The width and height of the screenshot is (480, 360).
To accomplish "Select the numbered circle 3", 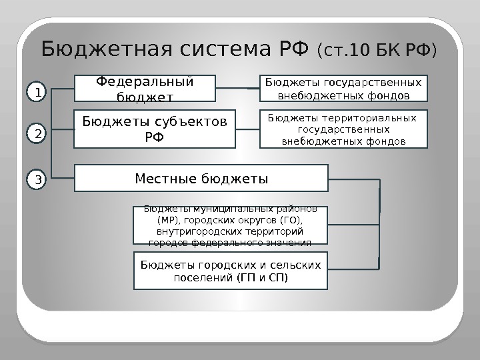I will (38, 179).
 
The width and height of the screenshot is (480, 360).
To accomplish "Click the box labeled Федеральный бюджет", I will (145, 90).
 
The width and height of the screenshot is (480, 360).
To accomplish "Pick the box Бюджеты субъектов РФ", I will (154, 129).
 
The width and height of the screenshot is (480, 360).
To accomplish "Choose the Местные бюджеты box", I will (201, 179).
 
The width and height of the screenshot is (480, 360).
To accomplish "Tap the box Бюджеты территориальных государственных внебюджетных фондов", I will (343, 129).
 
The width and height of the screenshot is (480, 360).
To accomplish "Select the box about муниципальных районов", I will (231, 226).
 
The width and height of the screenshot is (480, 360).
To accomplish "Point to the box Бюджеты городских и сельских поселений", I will (231, 271).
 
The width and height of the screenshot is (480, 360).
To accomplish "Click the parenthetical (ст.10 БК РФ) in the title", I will (377, 51).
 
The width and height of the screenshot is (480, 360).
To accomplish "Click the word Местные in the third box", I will (165, 179).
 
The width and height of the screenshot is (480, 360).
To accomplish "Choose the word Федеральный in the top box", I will (145, 81).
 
